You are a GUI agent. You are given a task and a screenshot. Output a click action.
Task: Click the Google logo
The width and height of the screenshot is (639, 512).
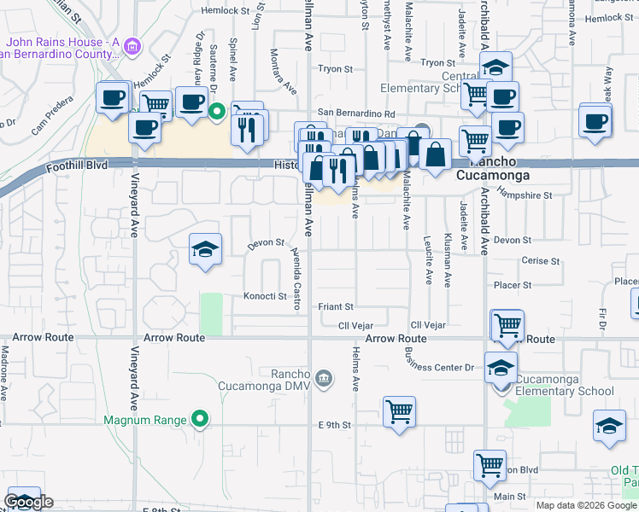click(28, 502)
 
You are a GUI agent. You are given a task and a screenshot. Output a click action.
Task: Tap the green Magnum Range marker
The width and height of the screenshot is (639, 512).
click(199, 419)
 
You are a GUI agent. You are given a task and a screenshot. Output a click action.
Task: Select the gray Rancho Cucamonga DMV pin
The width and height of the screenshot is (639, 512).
click(323, 378)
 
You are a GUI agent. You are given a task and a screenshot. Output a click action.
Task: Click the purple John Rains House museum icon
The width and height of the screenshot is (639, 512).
click(131, 45)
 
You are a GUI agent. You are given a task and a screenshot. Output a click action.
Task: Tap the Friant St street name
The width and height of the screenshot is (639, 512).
click(336, 306)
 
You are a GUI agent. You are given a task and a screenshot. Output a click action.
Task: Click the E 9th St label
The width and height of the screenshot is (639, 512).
click(335, 424)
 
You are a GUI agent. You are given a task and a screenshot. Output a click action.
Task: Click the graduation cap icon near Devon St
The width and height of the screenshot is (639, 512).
click(204, 248)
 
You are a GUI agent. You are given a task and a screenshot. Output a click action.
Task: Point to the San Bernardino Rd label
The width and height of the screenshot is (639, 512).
click(356, 113)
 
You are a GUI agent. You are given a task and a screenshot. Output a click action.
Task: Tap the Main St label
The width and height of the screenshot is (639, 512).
click(510, 496)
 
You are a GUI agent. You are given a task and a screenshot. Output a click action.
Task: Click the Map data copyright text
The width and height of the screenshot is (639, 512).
click(586, 505)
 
